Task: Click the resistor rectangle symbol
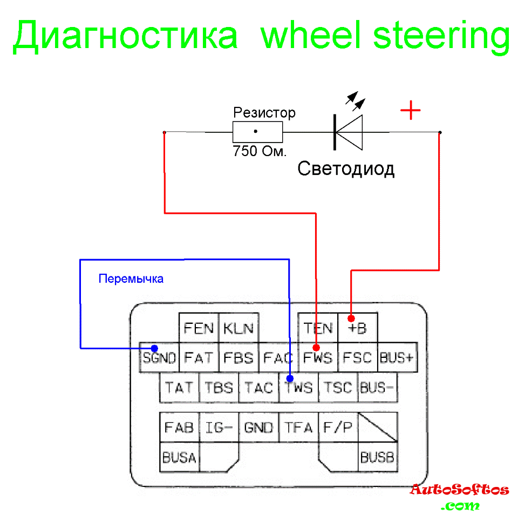point(257,132)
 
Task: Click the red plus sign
point(411,111)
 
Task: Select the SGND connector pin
point(159,357)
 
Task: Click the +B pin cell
point(357,327)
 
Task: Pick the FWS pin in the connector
point(318,357)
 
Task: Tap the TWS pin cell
point(298,388)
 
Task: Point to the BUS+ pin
point(397,357)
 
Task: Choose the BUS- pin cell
point(377,388)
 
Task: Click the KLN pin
point(238,327)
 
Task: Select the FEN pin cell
point(199,327)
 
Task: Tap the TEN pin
point(318,327)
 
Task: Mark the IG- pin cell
point(219,428)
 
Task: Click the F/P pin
point(338,428)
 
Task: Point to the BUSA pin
point(179,458)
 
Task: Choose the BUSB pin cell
point(378,458)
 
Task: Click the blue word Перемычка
point(131,279)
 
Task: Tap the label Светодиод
point(346,169)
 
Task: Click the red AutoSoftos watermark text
point(459,490)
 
